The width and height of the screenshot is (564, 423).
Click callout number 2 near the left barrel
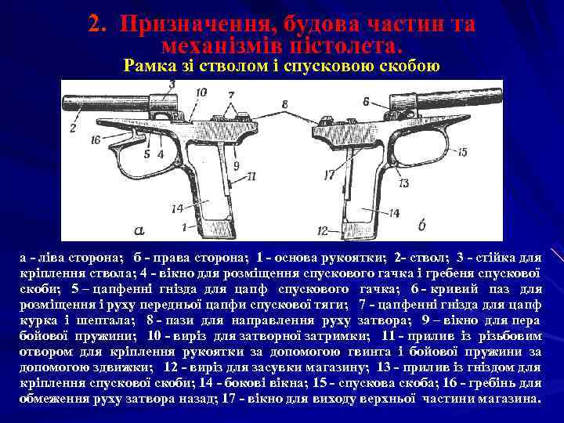point(73,128)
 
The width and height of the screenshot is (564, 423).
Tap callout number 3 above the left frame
point(172,84)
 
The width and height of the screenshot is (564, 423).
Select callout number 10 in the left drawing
point(201,92)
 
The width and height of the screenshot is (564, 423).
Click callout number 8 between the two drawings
point(284,103)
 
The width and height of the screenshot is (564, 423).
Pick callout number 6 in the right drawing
point(366,101)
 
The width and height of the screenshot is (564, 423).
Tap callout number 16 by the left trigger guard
point(95,140)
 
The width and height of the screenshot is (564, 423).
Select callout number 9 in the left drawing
point(235,165)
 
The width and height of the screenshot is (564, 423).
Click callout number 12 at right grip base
point(323,231)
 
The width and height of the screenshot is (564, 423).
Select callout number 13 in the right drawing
point(405,183)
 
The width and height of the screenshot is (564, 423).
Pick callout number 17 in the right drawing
point(330,173)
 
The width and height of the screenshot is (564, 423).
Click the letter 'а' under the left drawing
point(139,230)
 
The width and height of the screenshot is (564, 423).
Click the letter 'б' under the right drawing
point(422,226)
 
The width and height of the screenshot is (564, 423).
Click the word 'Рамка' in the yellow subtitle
point(148,67)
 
